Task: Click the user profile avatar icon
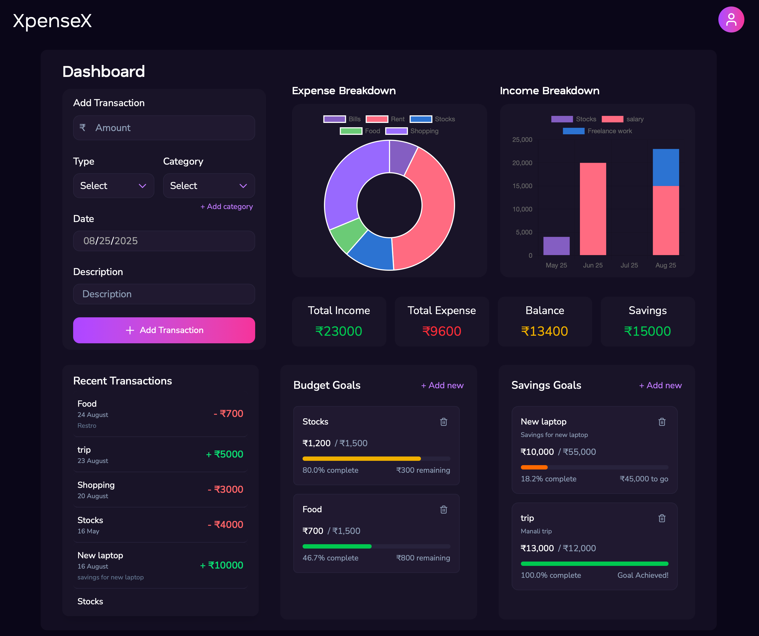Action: coord(731,19)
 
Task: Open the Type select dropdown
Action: coord(113,186)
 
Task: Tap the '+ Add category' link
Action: coord(227,206)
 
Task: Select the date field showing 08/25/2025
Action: coord(164,241)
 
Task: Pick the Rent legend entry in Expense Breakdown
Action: coord(385,119)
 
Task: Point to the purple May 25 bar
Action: coord(556,246)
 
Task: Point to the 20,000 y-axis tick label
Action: coord(522,163)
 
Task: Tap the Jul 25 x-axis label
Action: coord(629,265)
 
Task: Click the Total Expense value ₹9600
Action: coord(442,331)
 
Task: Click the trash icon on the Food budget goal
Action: coord(443,510)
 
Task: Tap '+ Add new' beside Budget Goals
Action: coord(442,386)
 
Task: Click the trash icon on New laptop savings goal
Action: coord(662,422)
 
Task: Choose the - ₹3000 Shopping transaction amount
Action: coord(226,489)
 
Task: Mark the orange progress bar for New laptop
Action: coord(534,467)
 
